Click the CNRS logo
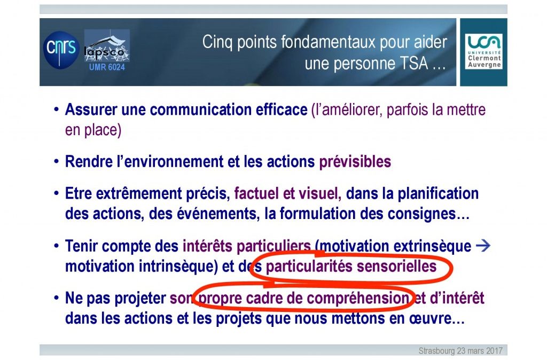tap(61, 50)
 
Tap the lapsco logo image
tap(107, 46)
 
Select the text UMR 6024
tap(107, 67)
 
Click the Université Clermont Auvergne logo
tap(483, 52)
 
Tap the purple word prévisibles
tap(355, 162)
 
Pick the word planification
tap(438, 193)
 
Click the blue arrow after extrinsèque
tap(483, 246)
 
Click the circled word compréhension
tap(358, 299)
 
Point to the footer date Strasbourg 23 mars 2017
tap(460, 350)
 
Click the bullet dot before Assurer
tap(57, 109)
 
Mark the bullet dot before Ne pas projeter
tap(57, 298)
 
